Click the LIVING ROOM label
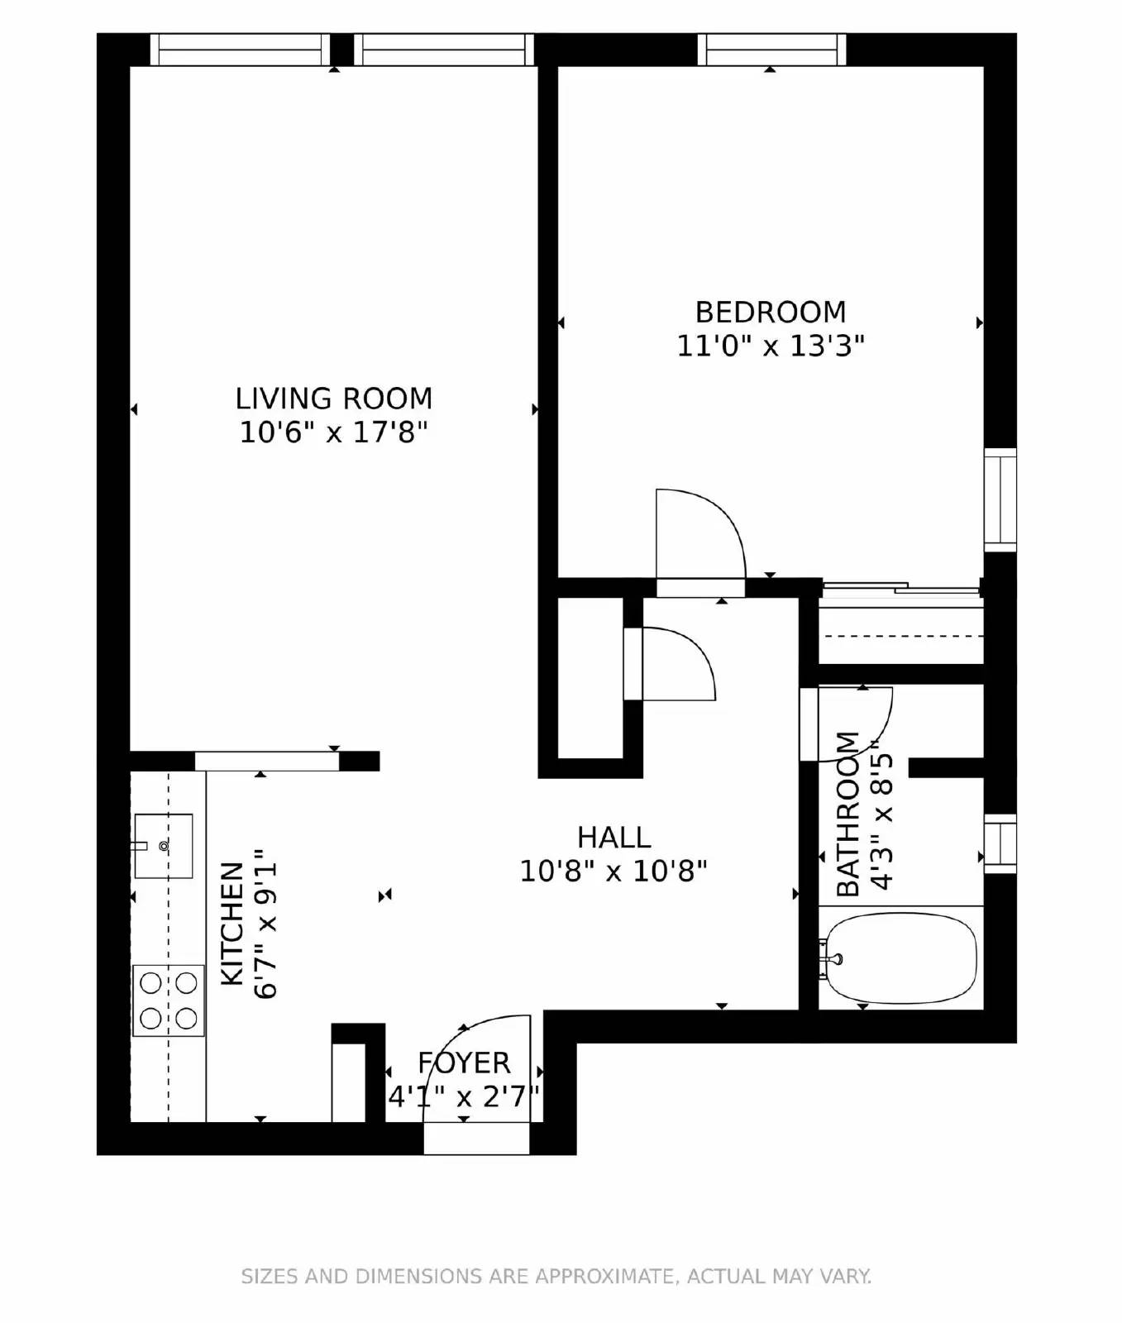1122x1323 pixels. (x=333, y=399)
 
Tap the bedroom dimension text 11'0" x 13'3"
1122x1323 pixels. (x=770, y=346)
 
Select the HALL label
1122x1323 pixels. (x=614, y=837)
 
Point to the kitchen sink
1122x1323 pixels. (x=164, y=845)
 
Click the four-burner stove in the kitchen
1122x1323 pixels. (x=169, y=1000)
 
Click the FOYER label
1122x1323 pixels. (x=463, y=1063)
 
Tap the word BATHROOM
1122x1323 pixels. (x=848, y=814)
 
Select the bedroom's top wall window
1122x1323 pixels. (x=771, y=50)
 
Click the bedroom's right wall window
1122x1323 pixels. (x=1000, y=499)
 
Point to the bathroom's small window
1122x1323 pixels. (x=1000, y=843)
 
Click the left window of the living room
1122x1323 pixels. (x=240, y=50)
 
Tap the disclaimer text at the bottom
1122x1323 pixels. (x=556, y=1276)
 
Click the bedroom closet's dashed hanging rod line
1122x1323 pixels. (x=901, y=636)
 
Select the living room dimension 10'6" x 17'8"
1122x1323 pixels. (x=333, y=432)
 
